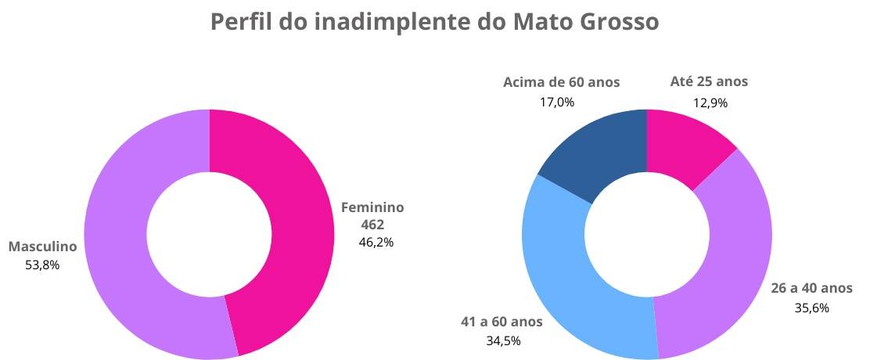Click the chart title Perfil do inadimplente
tap(434, 22)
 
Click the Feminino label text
tap(372, 207)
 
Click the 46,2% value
tap(376, 242)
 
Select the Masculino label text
tap(43, 247)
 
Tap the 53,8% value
tap(43, 265)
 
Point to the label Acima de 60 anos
tap(562, 81)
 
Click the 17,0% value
tap(558, 102)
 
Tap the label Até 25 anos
tap(710, 81)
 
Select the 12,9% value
tap(710, 102)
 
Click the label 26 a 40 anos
tap(812, 289)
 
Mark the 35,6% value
tap(812, 308)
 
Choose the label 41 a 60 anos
tap(501, 322)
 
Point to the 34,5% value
tap(503, 340)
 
